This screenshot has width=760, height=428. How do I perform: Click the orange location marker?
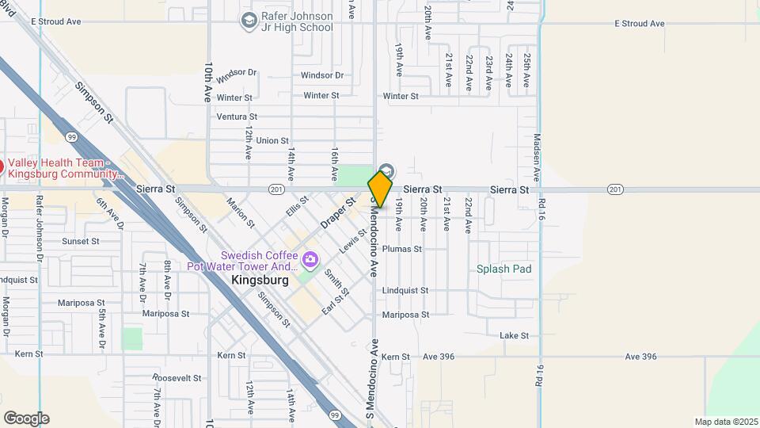point(380,189)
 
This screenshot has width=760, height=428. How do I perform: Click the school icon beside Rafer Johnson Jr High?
point(249,19)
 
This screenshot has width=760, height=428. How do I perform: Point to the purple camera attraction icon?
point(310,259)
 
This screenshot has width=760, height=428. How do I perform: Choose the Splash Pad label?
point(503,269)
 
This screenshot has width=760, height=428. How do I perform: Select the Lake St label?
point(514,336)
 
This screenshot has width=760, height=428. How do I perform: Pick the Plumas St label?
point(401,249)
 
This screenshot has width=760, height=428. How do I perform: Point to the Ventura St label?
point(237,117)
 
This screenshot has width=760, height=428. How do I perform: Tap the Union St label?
point(272,140)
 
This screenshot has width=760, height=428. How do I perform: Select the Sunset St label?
point(81,241)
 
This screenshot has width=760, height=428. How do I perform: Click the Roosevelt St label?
point(177,378)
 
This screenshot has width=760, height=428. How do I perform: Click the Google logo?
point(26,418)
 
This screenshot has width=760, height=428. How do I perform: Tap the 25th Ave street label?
point(526,71)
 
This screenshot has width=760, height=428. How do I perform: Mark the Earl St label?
point(336,303)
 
